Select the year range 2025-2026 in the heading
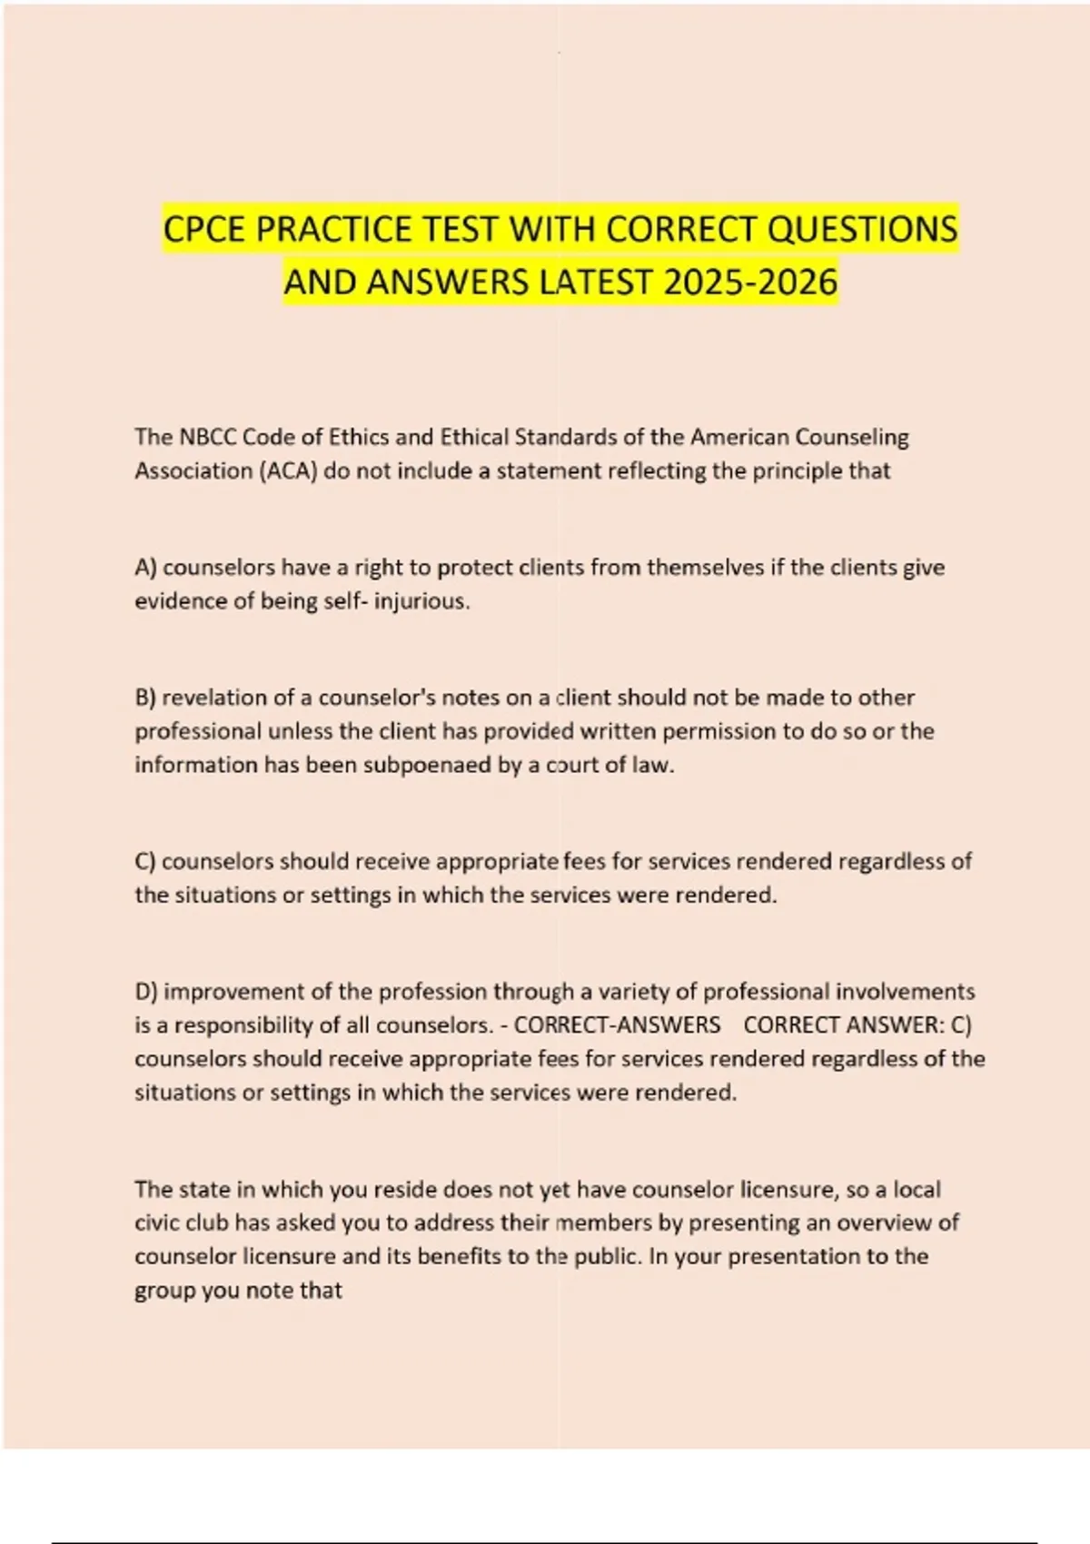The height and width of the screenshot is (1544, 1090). pyautogui.click(x=750, y=282)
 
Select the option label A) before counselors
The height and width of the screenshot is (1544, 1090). pyautogui.click(x=145, y=568)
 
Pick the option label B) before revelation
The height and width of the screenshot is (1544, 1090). pyautogui.click(x=145, y=698)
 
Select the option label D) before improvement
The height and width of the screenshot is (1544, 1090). pyautogui.click(x=146, y=991)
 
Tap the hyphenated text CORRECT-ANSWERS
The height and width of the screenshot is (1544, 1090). pyautogui.click(x=617, y=1024)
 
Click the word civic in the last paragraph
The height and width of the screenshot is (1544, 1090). pyautogui.click(x=156, y=1222)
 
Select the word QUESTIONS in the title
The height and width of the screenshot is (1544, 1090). pyautogui.click(x=862, y=229)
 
